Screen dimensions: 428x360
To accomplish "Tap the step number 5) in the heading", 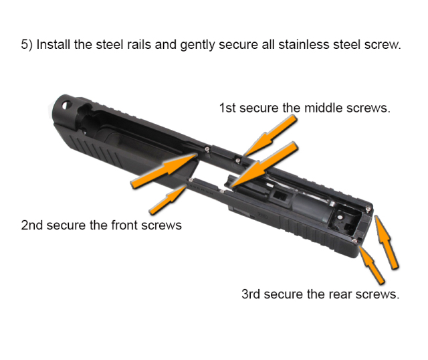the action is (27, 45).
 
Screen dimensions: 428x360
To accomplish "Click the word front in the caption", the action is (124, 226).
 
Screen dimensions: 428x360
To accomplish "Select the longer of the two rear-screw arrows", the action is (386, 242).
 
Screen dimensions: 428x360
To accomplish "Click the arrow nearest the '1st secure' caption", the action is (270, 136).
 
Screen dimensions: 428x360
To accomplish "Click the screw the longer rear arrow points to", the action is (368, 209).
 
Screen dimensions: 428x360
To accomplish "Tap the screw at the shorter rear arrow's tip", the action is (354, 241).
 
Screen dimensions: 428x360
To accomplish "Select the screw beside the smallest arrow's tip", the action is (191, 180).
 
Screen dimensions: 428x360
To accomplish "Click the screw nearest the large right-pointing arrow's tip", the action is (207, 149).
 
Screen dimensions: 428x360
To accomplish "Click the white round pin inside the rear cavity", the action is (340, 217).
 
